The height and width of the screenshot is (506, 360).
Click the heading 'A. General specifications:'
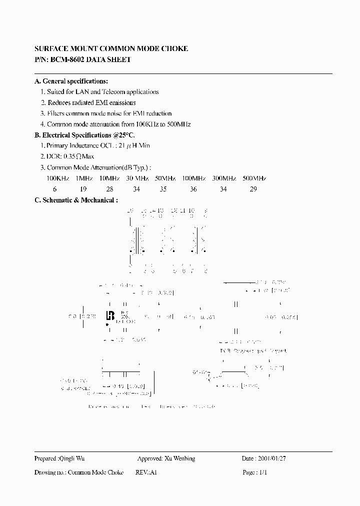pos(71,81)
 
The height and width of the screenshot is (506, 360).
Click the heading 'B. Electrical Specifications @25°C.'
pos(84,135)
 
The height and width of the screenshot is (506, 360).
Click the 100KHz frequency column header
pos(58,178)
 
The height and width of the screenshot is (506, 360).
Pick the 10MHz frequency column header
pos(109,178)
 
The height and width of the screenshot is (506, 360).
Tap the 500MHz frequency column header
pos(254,178)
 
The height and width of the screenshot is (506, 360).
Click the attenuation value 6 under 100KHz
pos(55,189)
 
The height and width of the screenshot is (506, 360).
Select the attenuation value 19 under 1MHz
pos(83,189)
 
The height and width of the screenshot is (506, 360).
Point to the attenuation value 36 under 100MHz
pos(193,189)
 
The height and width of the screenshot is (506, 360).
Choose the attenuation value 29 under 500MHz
pos(253,189)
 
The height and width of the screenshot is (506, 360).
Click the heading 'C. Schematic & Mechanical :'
pos(76,200)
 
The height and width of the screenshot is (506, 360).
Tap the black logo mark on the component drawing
pos(110,316)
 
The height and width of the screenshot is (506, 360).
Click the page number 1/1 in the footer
pos(262,472)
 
